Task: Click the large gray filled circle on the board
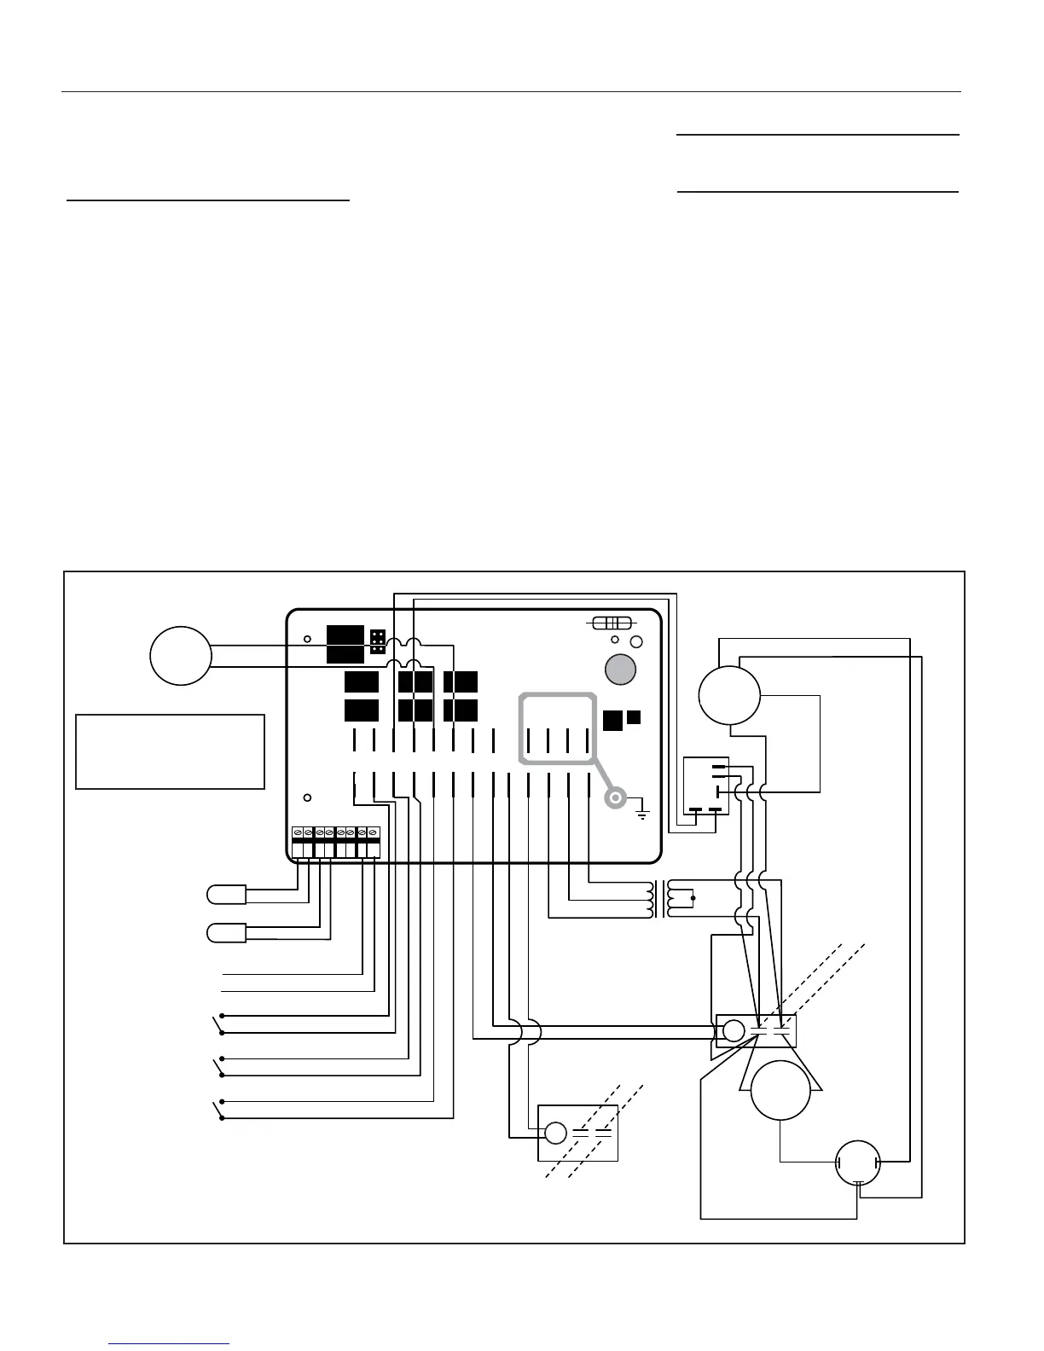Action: [620, 670]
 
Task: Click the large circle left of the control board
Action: [180, 655]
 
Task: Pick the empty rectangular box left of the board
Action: [170, 751]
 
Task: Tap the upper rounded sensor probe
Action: [226, 895]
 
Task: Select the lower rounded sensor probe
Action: [226, 933]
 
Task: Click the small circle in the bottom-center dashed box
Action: [555, 1133]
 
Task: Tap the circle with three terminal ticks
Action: [859, 1162]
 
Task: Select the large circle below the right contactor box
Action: [780, 1090]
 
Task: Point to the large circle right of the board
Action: [728, 695]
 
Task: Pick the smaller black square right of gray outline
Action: [634, 717]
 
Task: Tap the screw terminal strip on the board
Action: [335, 842]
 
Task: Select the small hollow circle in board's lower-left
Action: [307, 798]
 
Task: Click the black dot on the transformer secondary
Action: [693, 898]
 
